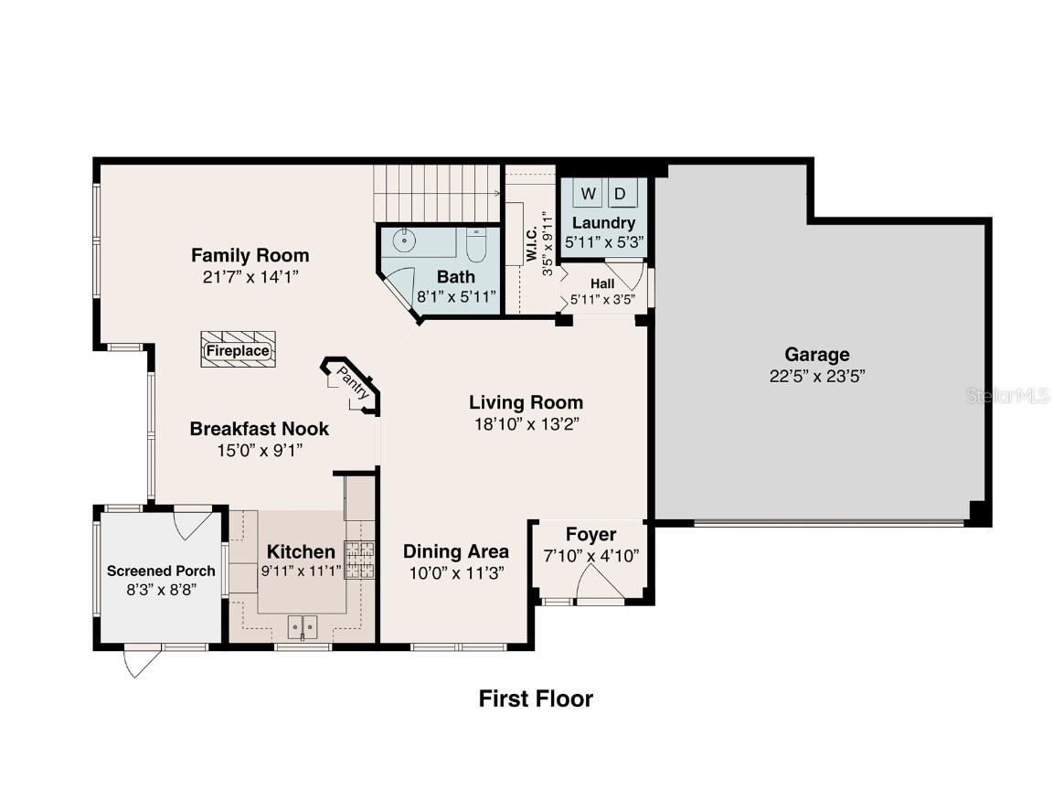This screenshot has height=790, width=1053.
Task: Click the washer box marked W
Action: point(589,194)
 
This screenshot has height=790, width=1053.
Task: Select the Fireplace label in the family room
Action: point(238,350)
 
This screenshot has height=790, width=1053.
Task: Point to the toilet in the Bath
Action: point(476,244)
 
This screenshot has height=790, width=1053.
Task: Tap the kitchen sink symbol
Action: point(303,627)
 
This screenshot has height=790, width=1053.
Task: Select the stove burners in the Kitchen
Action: point(358,560)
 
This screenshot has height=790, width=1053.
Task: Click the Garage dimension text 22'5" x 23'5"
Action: point(816,375)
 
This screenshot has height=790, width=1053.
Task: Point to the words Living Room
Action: point(526,402)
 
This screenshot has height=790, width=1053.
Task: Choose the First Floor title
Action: point(536,699)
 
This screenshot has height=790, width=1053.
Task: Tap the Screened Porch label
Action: point(161,571)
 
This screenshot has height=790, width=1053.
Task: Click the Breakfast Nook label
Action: point(259,428)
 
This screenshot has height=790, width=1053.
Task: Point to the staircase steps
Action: point(437,194)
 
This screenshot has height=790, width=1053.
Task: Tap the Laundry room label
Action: point(603,223)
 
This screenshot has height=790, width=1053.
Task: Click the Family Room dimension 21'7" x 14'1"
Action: point(250,275)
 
